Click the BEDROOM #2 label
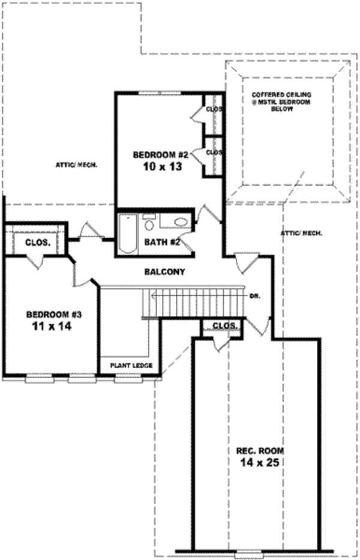pos(161,155)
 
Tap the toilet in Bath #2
pos(149,223)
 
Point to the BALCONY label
pos(164,272)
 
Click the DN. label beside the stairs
pos(254,297)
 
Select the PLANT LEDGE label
pos(131,366)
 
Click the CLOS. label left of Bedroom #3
pos(37,243)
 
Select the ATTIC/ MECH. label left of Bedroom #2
pos(77,164)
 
